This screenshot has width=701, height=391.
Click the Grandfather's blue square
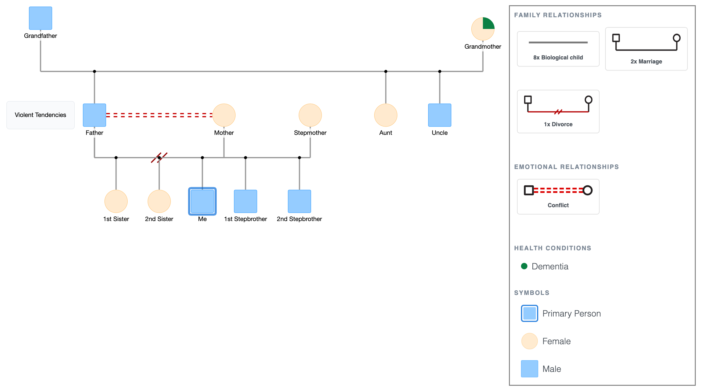[40, 18]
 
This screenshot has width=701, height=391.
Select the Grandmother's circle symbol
[483, 29]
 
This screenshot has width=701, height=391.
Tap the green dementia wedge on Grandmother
[488, 23]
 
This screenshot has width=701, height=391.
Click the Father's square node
[94, 115]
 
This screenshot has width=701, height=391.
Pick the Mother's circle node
[224, 115]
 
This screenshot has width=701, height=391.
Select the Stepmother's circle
[310, 115]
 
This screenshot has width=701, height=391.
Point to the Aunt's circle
[386, 115]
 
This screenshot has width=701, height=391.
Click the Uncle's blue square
[440, 115]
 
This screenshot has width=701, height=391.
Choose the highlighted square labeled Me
[202, 201]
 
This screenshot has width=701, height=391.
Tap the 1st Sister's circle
[116, 201]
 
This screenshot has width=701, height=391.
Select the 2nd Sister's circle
[159, 201]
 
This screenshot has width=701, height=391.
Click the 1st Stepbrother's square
[245, 201]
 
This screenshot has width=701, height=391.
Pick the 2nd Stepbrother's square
[299, 201]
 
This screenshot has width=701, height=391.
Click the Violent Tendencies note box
[40, 115]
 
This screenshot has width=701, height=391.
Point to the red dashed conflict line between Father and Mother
[159, 115]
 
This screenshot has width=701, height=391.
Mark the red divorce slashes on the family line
[159, 158]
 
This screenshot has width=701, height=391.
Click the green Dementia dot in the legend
[524, 266]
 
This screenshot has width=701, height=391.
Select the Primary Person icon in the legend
[529, 313]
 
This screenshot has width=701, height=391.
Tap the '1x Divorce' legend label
[558, 124]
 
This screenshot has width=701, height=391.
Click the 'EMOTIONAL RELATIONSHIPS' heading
[566, 167]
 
